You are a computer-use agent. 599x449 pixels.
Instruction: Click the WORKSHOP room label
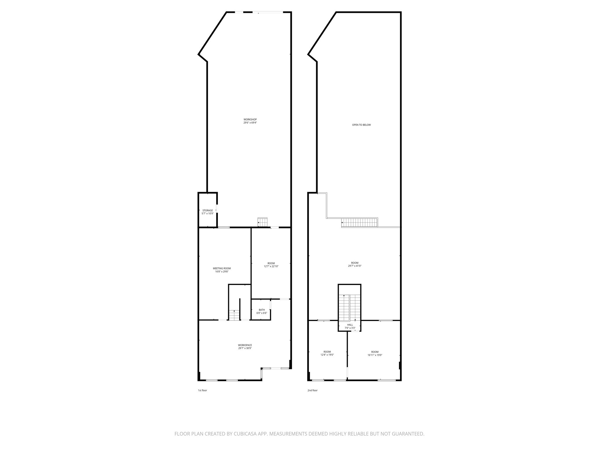[x=250, y=119]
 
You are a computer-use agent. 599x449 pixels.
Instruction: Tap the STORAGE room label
[x=208, y=210]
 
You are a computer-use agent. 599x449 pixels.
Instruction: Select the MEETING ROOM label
[x=222, y=268]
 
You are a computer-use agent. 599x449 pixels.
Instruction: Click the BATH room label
[x=262, y=310]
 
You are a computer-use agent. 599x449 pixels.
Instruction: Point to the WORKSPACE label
[x=245, y=345]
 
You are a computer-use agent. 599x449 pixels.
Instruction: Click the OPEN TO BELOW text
[x=361, y=125]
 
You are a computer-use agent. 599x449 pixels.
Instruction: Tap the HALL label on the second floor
[x=350, y=325]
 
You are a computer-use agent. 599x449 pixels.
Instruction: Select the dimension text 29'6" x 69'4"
[x=250, y=123]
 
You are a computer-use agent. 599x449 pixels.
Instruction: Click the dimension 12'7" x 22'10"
[x=271, y=266]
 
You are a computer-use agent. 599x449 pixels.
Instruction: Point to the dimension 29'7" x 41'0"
[x=355, y=266]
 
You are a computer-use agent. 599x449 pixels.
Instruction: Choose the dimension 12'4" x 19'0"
[x=327, y=355]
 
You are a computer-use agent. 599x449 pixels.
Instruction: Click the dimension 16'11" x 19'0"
[x=375, y=355]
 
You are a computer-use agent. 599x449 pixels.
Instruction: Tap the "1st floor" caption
[x=202, y=390]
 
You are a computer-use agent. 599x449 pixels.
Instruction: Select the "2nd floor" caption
[x=312, y=390]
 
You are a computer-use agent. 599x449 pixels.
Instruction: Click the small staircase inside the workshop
[x=263, y=222]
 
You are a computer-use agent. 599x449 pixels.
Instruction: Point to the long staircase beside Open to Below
[x=360, y=222]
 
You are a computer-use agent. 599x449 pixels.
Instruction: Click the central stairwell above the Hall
[x=350, y=307]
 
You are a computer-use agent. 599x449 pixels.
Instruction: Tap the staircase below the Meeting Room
[x=234, y=315]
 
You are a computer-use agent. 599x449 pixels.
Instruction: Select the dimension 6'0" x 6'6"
[x=262, y=313]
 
